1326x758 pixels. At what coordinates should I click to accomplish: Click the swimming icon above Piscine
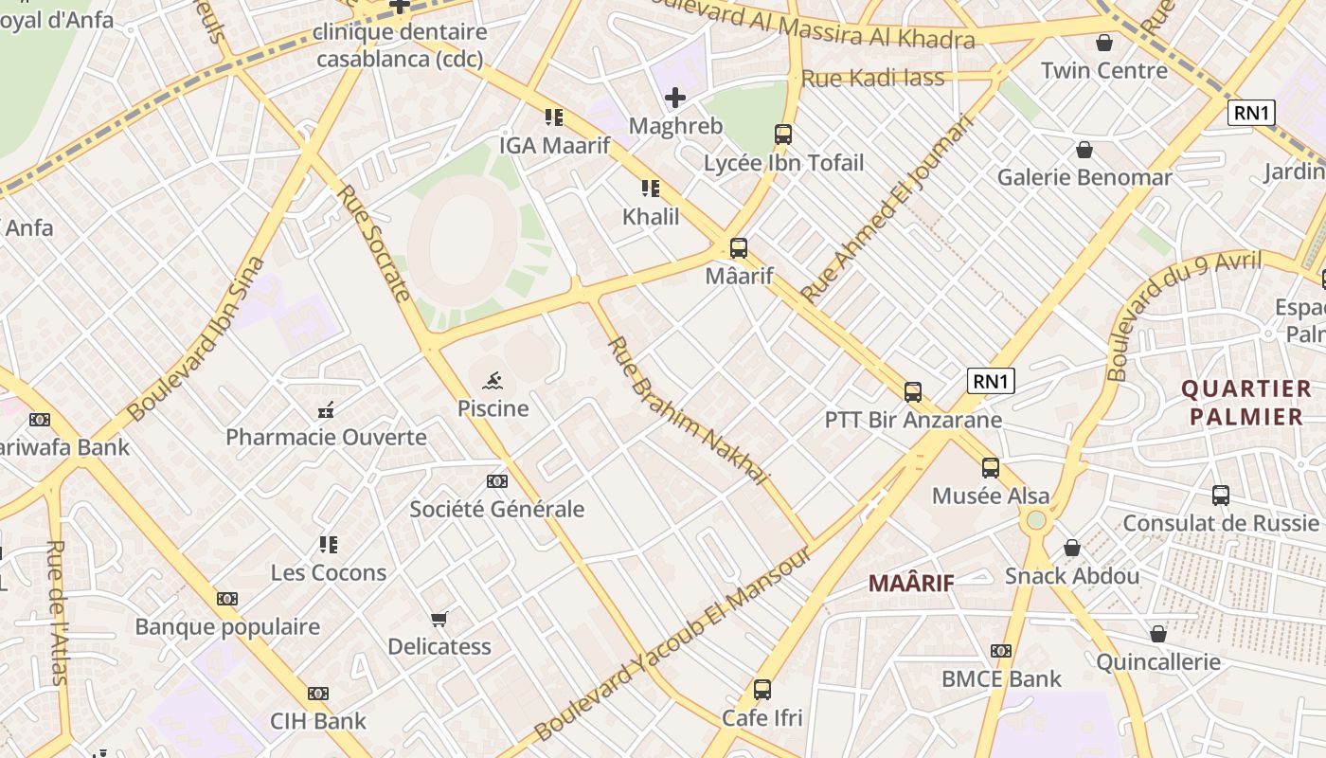[x=493, y=382]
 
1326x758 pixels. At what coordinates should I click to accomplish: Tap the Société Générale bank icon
[x=496, y=481]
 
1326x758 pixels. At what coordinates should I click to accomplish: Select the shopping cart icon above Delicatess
[x=439, y=620]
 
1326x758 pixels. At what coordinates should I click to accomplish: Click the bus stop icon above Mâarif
[x=739, y=248]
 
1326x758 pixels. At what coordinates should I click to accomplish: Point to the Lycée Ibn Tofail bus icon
[x=783, y=135]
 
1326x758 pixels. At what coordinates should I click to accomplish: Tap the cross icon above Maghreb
[x=675, y=98]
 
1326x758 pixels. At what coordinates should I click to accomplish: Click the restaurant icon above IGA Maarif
[x=554, y=117]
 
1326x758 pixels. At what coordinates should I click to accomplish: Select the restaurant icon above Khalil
[x=650, y=189]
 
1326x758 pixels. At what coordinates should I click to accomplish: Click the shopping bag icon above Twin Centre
[x=1103, y=43]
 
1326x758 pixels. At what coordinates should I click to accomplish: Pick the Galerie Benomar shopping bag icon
[x=1084, y=150]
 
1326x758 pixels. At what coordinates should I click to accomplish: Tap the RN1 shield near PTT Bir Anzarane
[x=991, y=381]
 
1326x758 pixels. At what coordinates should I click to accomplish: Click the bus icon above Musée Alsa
[x=991, y=467]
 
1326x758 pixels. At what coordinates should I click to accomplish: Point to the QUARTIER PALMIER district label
[x=1245, y=403]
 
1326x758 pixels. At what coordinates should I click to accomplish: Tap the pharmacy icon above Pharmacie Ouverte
[x=326, y=410]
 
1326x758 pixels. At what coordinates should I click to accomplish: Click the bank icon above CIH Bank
[x=318, y=694]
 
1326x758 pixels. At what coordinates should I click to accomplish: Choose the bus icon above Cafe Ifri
[x=762, y=690]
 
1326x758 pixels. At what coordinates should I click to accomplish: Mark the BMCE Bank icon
[x=1001, y=651]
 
